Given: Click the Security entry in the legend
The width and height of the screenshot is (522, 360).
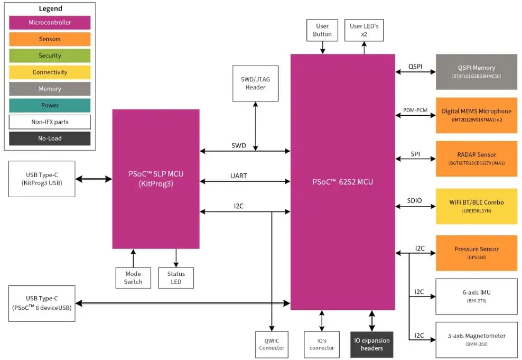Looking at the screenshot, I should (x=50, y=56).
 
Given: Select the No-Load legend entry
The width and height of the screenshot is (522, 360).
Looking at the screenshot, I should (x=50, y=139).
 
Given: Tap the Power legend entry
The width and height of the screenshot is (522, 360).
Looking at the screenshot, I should (x=50, y=105).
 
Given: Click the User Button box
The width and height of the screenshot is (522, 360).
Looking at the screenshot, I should (x=322, y=30).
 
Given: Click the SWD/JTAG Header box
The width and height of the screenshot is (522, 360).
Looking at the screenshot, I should (x=255, y=84).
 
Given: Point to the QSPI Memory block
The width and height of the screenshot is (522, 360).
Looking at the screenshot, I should (x=476, y=71).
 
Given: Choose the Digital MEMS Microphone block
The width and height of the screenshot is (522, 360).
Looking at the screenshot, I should (x=476, y=115).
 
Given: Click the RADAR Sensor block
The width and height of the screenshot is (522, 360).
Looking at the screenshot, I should (x=476, y=159).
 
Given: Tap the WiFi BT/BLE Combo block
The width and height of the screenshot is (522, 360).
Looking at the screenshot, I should (x=476, y=206).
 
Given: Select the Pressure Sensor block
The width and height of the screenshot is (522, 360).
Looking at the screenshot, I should (x=476, y=253).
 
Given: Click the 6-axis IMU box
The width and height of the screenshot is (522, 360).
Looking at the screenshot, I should (x=476, y=296).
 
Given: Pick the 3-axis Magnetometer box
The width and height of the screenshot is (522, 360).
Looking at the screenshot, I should (x=476, y=339).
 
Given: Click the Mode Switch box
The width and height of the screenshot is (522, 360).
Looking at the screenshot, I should (x=133, y=278).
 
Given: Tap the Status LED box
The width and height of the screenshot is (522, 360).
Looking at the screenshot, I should (x=176, y=278).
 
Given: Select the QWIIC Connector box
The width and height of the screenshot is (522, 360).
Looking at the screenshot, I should (x=272, y=344).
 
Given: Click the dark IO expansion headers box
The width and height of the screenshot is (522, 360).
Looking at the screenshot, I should (x=371, y=344).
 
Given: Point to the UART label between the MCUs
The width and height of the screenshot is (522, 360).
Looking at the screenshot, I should (x=239, y=176).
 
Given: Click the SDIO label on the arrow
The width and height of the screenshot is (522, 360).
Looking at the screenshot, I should (x=414, y=201).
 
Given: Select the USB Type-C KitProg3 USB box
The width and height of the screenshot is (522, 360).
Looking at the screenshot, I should (x=42, y=179).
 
